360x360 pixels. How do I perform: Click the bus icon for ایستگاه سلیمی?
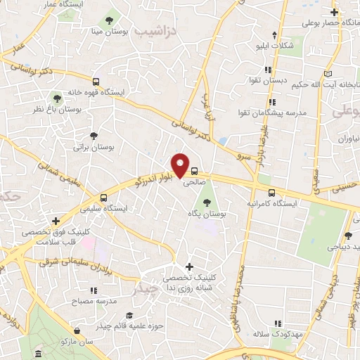pos(104,198)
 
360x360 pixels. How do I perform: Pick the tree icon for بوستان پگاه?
pos(206,202)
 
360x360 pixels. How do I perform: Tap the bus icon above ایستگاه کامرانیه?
pos(271,191)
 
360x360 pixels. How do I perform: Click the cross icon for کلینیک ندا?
pos(188,266)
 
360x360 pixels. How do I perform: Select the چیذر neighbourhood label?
pos(145,288)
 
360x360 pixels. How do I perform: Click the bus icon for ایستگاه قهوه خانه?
pos(95,81)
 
